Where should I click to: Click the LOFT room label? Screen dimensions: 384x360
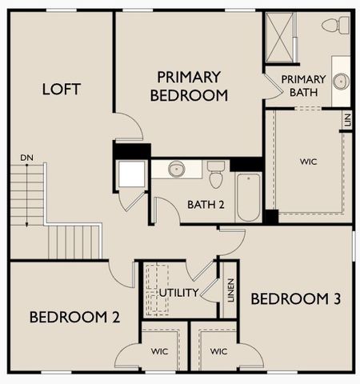tap(61, 89)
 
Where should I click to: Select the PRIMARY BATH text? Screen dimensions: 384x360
tap(303, 86)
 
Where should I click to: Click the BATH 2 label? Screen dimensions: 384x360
tap(206, 204)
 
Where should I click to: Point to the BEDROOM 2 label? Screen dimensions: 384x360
tap(74, 317)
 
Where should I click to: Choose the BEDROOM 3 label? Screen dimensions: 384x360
tap(296, 299)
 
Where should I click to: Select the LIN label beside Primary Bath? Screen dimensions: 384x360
tap(347, 121)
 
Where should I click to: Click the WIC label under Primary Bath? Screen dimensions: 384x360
tap(309, 162)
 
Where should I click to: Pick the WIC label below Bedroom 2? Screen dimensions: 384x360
tap(159, 351)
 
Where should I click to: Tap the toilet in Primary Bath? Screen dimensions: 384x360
tap(335, 26)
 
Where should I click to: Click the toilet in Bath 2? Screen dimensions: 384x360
tap(215, 172)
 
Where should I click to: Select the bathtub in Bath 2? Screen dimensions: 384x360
tap(248, 197)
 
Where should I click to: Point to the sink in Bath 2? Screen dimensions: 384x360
tap(177, 169)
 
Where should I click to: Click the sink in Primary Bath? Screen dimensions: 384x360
tap(341, 81)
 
